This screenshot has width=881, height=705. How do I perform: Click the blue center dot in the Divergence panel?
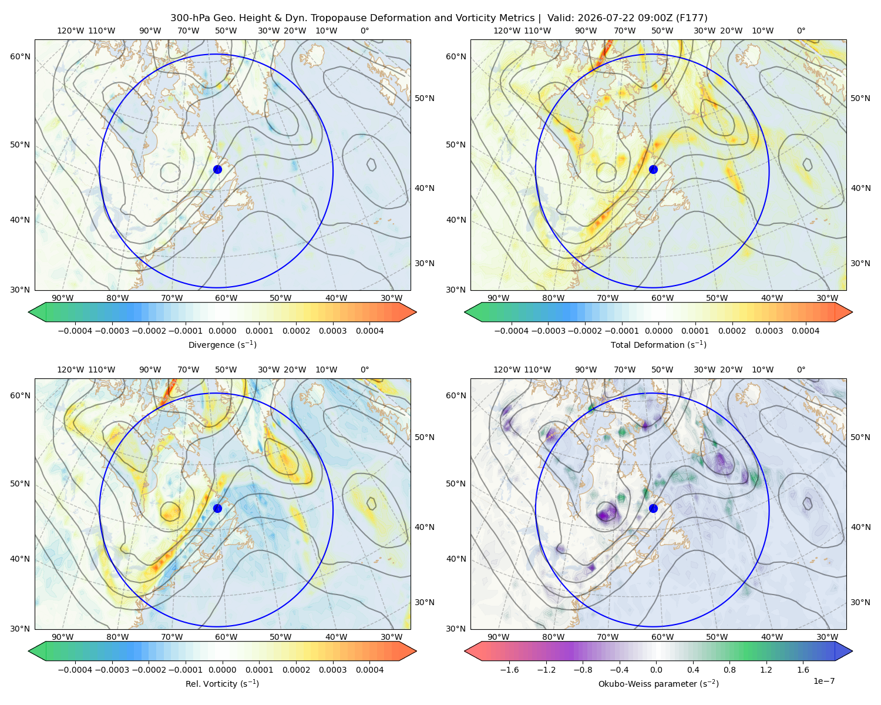click(x=217, y=169)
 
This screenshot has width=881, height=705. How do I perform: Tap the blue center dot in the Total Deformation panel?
click(x=653, y=169)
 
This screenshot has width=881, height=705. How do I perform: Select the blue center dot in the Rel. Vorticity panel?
click(x=217, y=508)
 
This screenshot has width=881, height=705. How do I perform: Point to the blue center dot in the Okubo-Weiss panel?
click(x=653, y=508)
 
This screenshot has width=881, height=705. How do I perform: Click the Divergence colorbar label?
click(x=222, y=344)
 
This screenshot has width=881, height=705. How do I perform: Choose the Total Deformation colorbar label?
click(x=658, y=344)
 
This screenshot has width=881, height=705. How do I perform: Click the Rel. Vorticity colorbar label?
click(x=222, y=683)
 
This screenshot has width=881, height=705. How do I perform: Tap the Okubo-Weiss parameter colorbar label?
click(x=658, y=683)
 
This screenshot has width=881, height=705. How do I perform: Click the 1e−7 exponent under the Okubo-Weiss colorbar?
click(x=823, y=681)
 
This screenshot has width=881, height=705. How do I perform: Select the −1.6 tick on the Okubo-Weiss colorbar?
click(x=509, y=669)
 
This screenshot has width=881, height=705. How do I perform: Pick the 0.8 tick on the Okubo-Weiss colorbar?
click(x=729, y=669)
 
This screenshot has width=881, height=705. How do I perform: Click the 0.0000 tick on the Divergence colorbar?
click(x=222, y=331)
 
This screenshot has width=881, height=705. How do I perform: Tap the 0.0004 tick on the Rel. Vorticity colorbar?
click(x=369, y=669)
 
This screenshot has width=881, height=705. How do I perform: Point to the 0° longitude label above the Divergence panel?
click(x=365, y=31)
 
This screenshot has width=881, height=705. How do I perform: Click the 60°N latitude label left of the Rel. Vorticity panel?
click(x=20, y=395)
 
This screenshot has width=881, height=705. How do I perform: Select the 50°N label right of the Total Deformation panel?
click(x=860, y=98)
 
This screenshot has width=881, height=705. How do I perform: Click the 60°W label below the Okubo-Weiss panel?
click(x=663, y=637)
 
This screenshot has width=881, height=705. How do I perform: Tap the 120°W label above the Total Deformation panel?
click(x=507, y=31)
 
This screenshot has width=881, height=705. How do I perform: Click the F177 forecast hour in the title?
click(x=691, y=18)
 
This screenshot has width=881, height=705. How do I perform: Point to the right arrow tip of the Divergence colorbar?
click(x=416, y=312)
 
